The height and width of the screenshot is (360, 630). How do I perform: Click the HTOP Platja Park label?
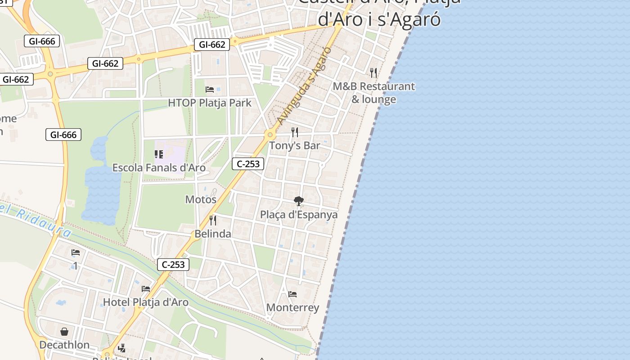210,103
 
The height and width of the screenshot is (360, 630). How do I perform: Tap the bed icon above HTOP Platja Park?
210,89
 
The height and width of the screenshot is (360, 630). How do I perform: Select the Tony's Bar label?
294,145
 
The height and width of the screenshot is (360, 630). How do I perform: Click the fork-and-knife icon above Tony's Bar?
295,132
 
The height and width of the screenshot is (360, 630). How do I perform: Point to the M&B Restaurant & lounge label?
373,93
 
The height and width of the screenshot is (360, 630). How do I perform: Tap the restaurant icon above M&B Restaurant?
373,72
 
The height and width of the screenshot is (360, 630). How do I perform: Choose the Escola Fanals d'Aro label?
159,168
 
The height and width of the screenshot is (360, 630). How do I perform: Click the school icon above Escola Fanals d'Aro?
159,154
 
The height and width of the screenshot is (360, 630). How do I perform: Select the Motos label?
201,199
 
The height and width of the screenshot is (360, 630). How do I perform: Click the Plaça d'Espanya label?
299,215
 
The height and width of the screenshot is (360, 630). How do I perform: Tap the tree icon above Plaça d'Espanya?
298,201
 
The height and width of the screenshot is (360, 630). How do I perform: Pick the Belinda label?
213,234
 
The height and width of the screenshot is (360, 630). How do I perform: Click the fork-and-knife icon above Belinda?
213,220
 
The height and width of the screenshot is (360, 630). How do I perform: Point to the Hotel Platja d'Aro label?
146,302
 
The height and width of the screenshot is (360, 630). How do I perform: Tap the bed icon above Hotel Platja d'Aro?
146,289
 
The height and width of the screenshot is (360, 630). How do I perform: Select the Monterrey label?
292,308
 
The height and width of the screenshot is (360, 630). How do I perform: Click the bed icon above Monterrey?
292,294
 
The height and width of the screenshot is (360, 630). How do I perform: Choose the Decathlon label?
64,345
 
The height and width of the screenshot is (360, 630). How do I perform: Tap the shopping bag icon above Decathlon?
64,332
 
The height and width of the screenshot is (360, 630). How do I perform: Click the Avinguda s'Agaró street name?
305,85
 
